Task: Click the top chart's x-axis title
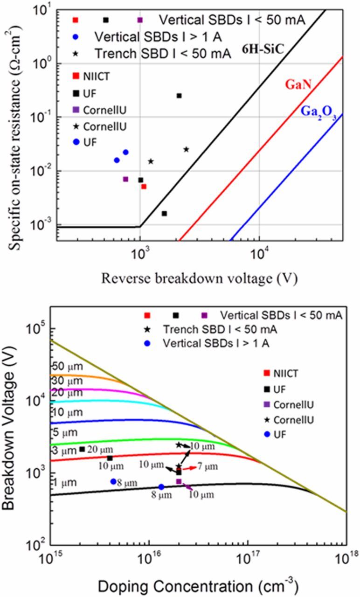[x=199, y=278]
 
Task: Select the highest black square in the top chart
[x=179, y=96]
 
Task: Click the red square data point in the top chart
[x=144, y=187]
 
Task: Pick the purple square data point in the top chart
[x=125, y=179]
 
